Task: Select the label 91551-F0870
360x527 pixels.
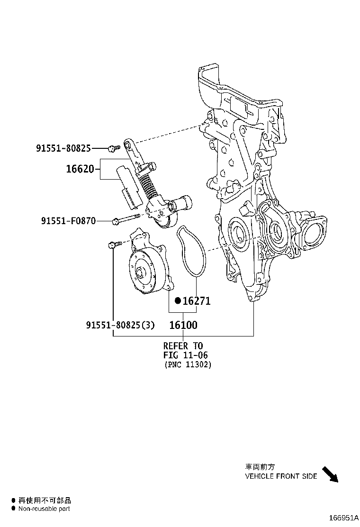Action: click(x=68, y=221)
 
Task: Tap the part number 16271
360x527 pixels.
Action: click(x=197, y=301)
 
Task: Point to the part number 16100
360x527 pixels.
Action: click(x=183, y=325)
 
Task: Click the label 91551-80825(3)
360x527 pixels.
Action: click(x=120, y=325)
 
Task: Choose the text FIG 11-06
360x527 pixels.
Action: click(x=186, y=355)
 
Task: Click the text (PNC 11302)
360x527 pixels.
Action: click(x=188, y=365)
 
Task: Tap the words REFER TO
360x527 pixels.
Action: click(x=183, y=345)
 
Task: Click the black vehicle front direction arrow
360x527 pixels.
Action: click(x=331, y=474)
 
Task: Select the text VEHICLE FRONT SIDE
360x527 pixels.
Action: click(x=281, y=476)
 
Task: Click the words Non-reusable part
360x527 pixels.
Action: click(x=44, y=509)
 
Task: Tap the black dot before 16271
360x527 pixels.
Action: click(x=178, y=301)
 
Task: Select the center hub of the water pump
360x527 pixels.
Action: click(x=141, y=273)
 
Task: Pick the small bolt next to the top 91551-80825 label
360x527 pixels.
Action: click(x=112, y=148)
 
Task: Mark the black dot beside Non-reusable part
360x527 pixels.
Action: click(x=13, y=509)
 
